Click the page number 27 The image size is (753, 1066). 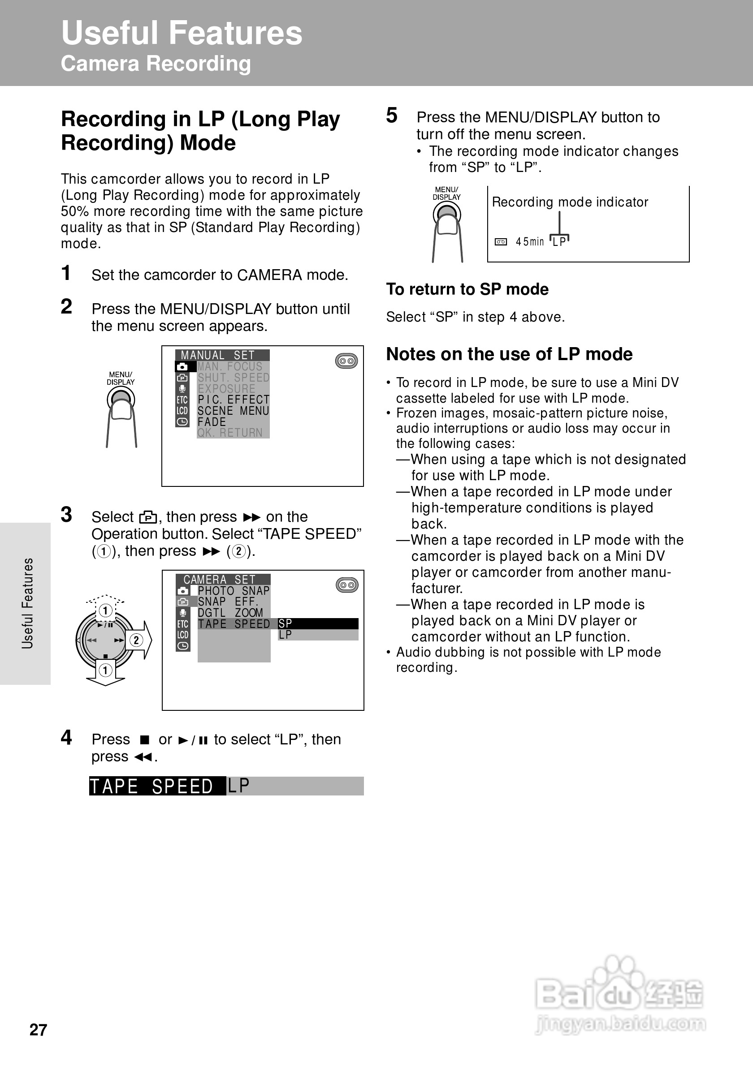(x=38, y=1029)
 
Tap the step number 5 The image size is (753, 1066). (x=392, y=116)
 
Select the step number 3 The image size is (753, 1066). (x=66, y=515)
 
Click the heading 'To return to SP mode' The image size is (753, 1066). (x=467, y=289)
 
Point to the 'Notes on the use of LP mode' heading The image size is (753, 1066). (x=509, y=354)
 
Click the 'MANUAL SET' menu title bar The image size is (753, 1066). (x=222, y=355)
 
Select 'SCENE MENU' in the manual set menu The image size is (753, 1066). (x=233, y=411)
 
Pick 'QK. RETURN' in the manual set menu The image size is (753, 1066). (x=230, y=433)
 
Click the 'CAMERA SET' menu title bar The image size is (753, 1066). (x=222, y=580)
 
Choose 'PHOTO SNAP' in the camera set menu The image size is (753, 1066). (x=233, y=591)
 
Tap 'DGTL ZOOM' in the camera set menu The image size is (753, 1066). (x=230, y=613)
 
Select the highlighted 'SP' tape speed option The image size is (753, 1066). (x=318, y=623)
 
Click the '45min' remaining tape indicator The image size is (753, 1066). (x=529, y=242)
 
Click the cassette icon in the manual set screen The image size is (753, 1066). (x=346, y=361)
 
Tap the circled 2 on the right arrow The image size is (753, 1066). (x=136, y=640)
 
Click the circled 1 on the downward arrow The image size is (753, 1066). (x=106, y=670)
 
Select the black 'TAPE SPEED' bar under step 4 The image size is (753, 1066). (x=157, y=786)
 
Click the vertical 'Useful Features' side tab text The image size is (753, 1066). (x=27, y=603)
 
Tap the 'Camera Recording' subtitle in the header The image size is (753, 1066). (x=156, y=64)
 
